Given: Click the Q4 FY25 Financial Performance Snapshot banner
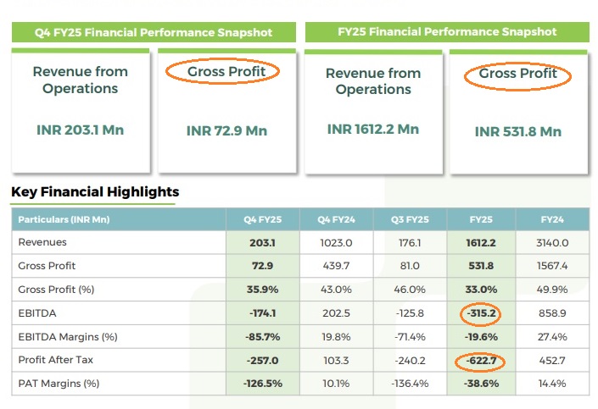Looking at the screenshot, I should [x=154, y=32].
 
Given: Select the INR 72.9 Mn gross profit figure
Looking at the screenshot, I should [x=226, y=130].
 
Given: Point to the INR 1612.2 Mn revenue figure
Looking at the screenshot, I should [x=373, y=129].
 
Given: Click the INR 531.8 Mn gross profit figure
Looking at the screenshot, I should [x=519, y=131].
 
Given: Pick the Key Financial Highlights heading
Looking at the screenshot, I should [x=95, y=192].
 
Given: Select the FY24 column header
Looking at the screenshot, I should [x=553, y=219].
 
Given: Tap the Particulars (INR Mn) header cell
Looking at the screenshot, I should [x=64, y=219].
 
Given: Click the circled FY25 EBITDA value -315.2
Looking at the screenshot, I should [x=481, y=312].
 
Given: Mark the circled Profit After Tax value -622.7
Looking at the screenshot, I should [x=481, y=362].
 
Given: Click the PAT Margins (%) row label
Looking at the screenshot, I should [x=59, y=384].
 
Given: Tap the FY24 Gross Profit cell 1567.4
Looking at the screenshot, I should [x=553, y=265].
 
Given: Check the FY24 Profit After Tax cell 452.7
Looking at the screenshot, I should [x=553, y=360].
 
